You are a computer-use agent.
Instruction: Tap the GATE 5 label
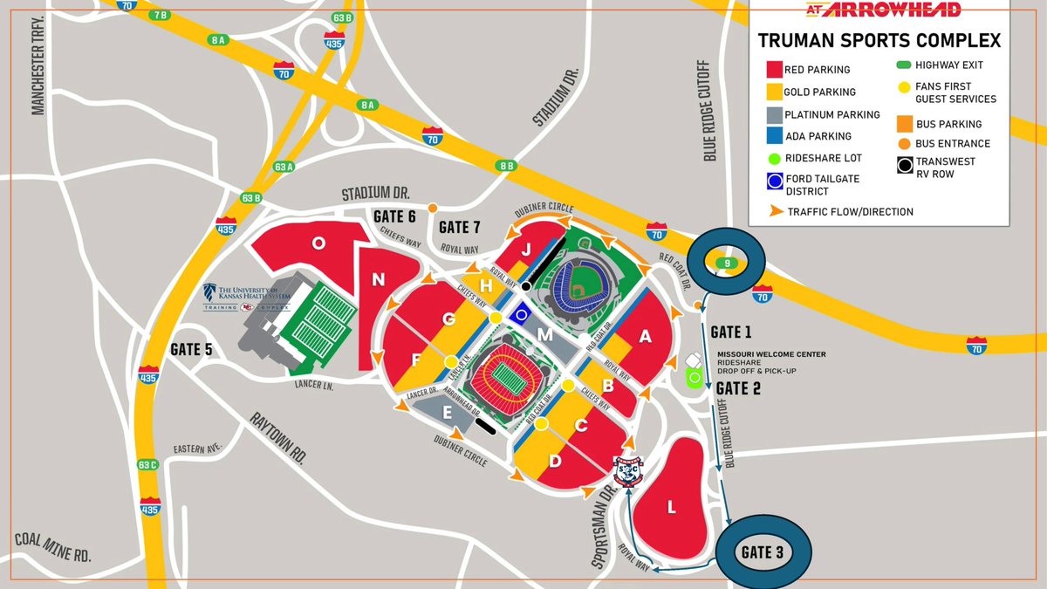point(191,349)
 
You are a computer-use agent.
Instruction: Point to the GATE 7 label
point(459,228)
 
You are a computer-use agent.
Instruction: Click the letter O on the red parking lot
point(319,244)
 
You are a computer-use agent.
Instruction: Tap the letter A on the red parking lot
point(647,339)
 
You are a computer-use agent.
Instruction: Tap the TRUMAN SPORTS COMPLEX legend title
point(879,41)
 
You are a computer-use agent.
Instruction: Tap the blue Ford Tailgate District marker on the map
point(522,314)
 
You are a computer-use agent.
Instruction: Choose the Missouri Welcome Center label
point(770,354)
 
